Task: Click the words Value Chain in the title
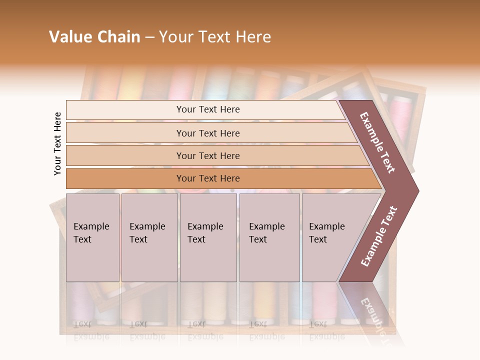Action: coord(94,37)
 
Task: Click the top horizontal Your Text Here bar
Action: coord(207,109)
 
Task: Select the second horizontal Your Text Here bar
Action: coord(207,133)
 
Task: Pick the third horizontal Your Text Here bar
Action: coord(207,156)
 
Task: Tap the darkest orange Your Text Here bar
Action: coord(207,178)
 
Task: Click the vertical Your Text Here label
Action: coord(57,143)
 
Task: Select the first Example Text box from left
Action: coord(92,237)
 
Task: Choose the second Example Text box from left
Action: coord(149,237)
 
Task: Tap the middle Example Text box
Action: coord(208,237)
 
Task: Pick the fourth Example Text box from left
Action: coord(269,237)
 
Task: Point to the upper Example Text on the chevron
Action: coord(377,142)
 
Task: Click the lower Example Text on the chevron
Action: coord(379,236)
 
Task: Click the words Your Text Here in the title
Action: coord(215,37)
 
